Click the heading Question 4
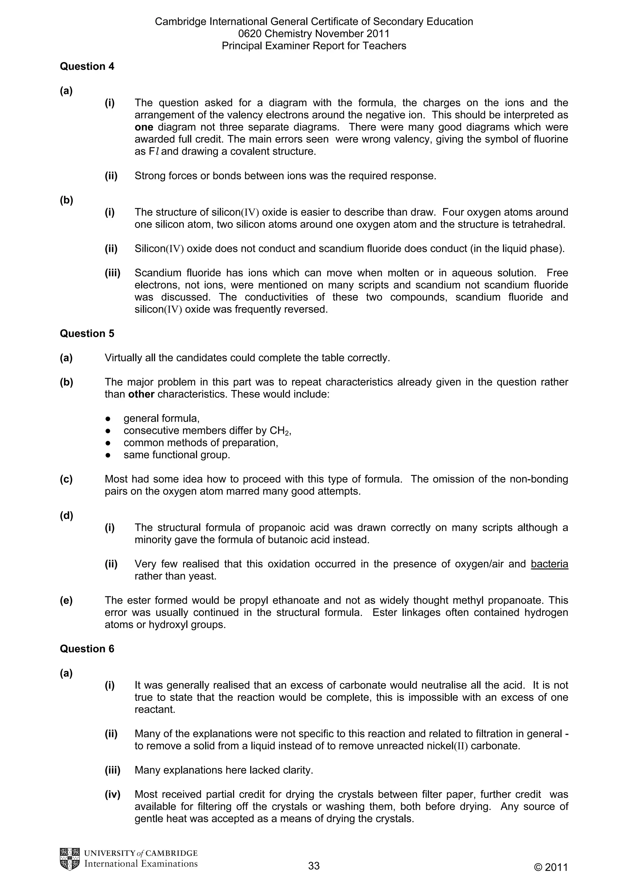pyautogui.click(x=87, y=66)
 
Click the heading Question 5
pyautogui.click(x=87, y=333)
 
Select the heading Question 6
pyautogui.click(x=87, y=649)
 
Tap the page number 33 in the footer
pyautogui.click(x=314, y=866)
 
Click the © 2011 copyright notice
pyautogui.click(x=551, y=867)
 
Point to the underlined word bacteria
pyautogui.click(x=549, y=564)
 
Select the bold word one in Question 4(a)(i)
pyautogui.click(x=144, y=127)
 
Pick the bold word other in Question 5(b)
pyautogui.click(x=141, y=394)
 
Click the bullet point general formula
pyautogui.click(x=161, y=419)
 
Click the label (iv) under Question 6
pyautogui.click(x=113, y=795)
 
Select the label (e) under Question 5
pyautogui.click(x=66, y=600)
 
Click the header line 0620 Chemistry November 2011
pyautogui.click(x=314, y=34)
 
